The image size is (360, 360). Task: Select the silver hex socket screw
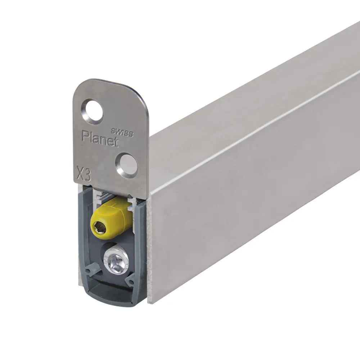(x=116, y=259)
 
